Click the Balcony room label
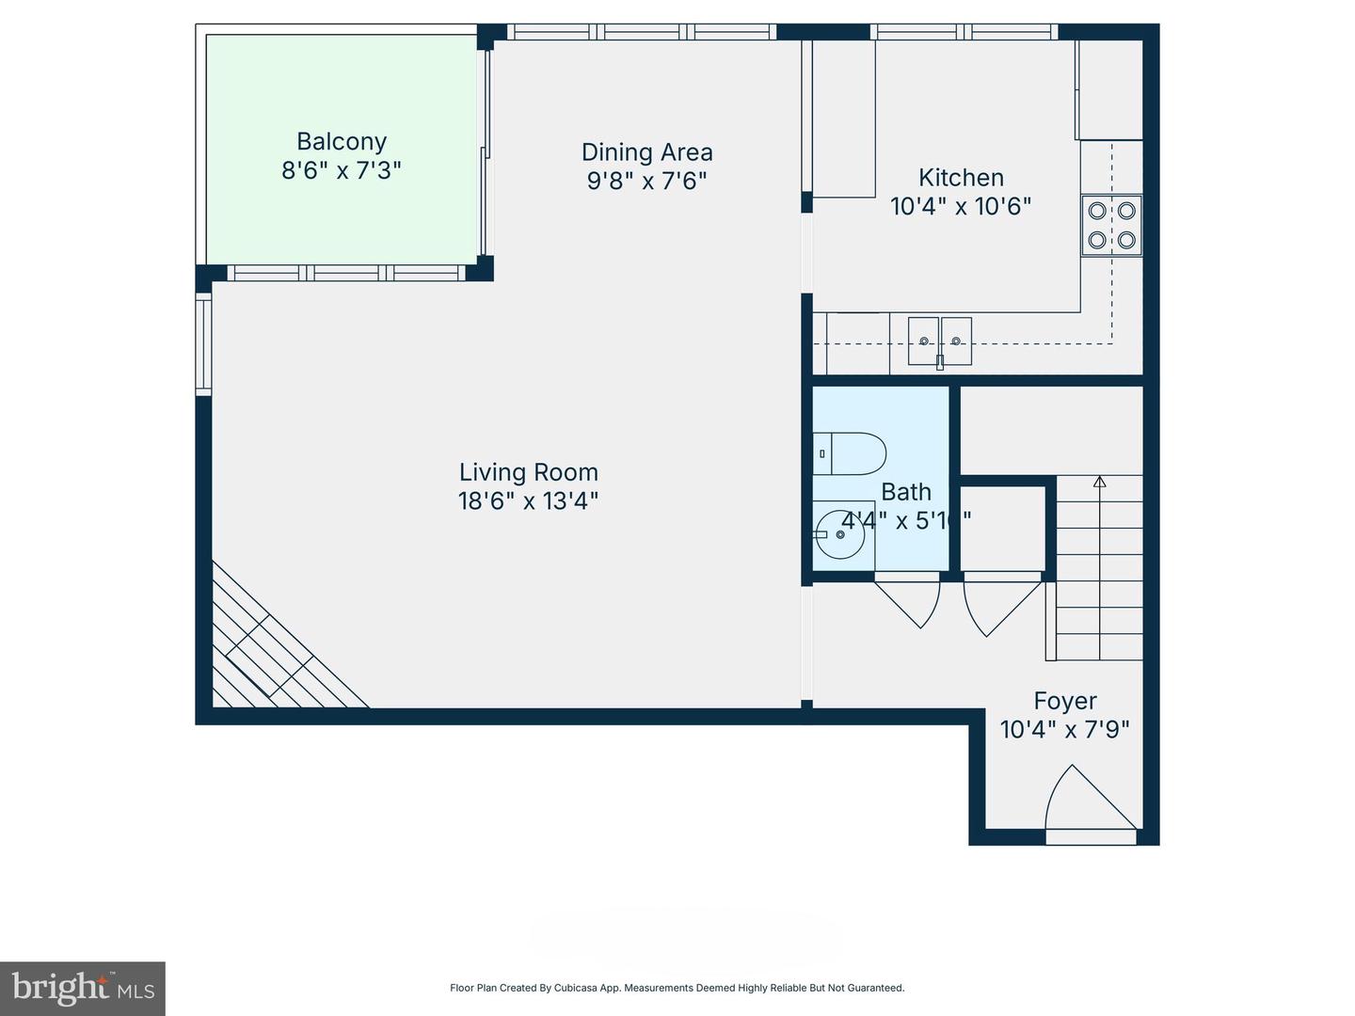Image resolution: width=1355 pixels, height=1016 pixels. (x=341, y=141)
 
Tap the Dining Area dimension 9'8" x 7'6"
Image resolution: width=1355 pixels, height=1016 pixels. (x=646, y=181)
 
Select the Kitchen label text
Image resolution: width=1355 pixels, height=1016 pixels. (x=961, y=177)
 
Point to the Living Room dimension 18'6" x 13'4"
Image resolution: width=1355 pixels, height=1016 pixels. (x=528, y=500)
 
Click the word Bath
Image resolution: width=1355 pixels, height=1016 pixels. (x=906, y=491)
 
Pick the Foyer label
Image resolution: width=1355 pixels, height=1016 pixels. (x=1065, y=701)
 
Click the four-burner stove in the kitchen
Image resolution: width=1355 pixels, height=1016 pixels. (x=1111, y=225)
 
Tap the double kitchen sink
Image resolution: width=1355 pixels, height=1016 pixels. (x=939, y=341)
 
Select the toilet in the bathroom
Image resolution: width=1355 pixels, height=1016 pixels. (x=850, y=453)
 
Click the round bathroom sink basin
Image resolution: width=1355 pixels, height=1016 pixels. (x=840, y=534)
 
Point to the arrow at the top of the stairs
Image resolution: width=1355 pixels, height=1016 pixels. (x=1099, y=484)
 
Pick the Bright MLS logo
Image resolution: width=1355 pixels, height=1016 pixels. (x=83, y=988)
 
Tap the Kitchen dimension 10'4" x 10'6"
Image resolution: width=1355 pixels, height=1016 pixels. (x=961, y=206)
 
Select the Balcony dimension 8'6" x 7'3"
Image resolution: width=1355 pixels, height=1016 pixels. (x=341, y=170)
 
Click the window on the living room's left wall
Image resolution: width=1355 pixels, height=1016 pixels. (x=203, y=342)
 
